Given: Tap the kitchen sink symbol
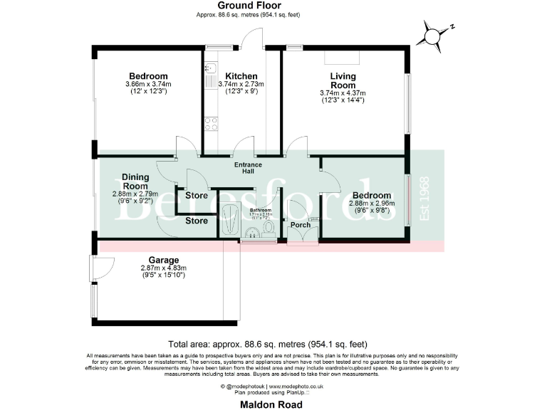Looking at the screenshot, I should (210, 70).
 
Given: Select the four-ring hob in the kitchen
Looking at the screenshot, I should (211, 125).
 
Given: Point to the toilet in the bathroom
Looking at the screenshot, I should (269, 226).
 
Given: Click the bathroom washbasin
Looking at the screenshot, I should (251, 233).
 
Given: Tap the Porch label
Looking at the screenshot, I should (301, 225).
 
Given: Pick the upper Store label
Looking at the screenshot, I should (197, 196).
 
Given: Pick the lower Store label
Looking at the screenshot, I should (197, 221).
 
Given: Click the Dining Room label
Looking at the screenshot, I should (135, 181).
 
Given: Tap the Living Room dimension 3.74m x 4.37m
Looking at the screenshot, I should (343, 93).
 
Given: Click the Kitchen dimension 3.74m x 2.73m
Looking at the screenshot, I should (241, 84).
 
